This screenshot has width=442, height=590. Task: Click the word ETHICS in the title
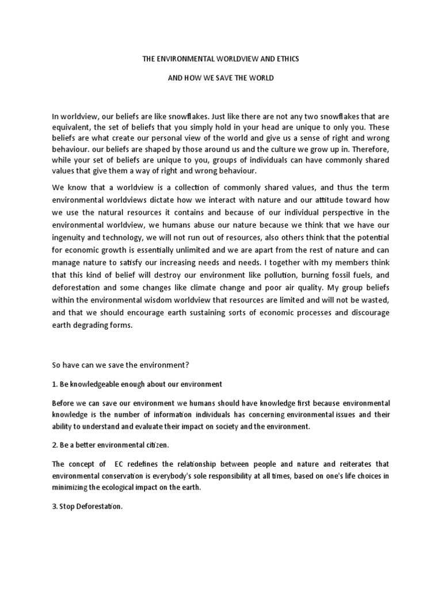pyautogui.click(x=286, y=59)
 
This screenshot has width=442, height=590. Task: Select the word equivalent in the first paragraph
pyautogui.click(x=73, y=127)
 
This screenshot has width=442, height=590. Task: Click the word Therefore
pyautogui.click(x=367, y=149)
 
